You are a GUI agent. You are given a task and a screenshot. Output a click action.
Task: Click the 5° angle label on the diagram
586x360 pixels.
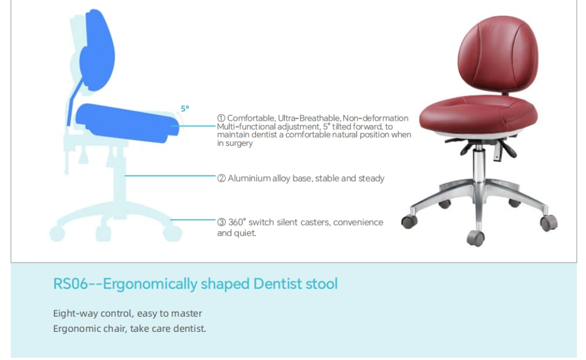[185, 108]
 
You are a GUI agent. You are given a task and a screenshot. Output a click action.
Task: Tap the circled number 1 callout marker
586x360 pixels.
[221, 118]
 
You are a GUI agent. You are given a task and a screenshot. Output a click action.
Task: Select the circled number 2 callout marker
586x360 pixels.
[221, 178]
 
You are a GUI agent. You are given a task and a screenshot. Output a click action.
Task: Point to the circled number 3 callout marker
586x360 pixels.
[221, 222]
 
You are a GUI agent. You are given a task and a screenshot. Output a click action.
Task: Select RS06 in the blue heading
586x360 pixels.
[70, 284]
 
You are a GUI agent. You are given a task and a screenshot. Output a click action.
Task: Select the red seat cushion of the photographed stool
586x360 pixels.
[478, 114]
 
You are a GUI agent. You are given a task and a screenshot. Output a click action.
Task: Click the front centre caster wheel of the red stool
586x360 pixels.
[476, 238]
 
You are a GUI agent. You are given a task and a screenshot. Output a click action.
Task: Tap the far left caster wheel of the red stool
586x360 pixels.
[409, 222]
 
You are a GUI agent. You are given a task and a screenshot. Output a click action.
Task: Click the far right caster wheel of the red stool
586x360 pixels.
[549, 223]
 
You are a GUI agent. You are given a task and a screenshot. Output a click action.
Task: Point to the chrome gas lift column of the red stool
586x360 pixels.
[478, 164]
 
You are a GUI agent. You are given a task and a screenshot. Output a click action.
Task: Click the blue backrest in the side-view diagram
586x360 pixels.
[97, 50]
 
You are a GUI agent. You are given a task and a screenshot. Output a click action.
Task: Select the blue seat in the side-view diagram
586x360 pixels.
[127, 123]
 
